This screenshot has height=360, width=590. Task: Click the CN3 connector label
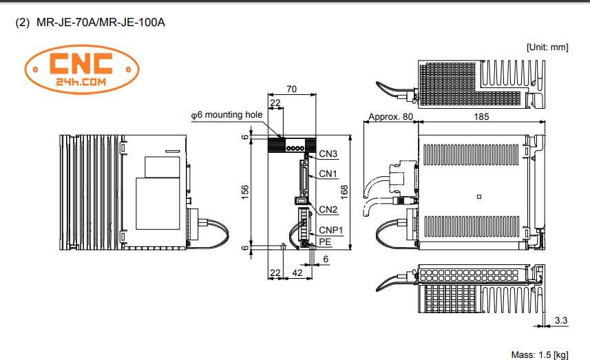tap(328, 154)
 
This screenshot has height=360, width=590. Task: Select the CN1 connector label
tap(328, 173)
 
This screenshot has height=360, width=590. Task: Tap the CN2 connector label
tap(328, 209)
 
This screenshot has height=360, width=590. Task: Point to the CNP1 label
tap(330, 230)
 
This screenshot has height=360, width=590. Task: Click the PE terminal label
tap(325, 242)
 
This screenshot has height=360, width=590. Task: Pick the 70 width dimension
tap(292, 89)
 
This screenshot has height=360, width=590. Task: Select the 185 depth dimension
tap(482, 117)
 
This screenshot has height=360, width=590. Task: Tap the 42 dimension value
tap(298, 273)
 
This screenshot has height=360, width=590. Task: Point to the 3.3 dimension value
tap(561, 321)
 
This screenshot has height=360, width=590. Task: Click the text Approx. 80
tap(390, 117)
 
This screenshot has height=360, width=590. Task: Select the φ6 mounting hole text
tap(226, 114)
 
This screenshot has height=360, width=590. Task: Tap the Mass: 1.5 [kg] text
tap(540, 354)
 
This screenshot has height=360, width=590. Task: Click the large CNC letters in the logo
tap(81, 63)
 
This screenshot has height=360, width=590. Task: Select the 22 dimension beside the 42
tap(275, 273)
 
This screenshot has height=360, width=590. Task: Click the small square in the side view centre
tap(478, 197)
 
